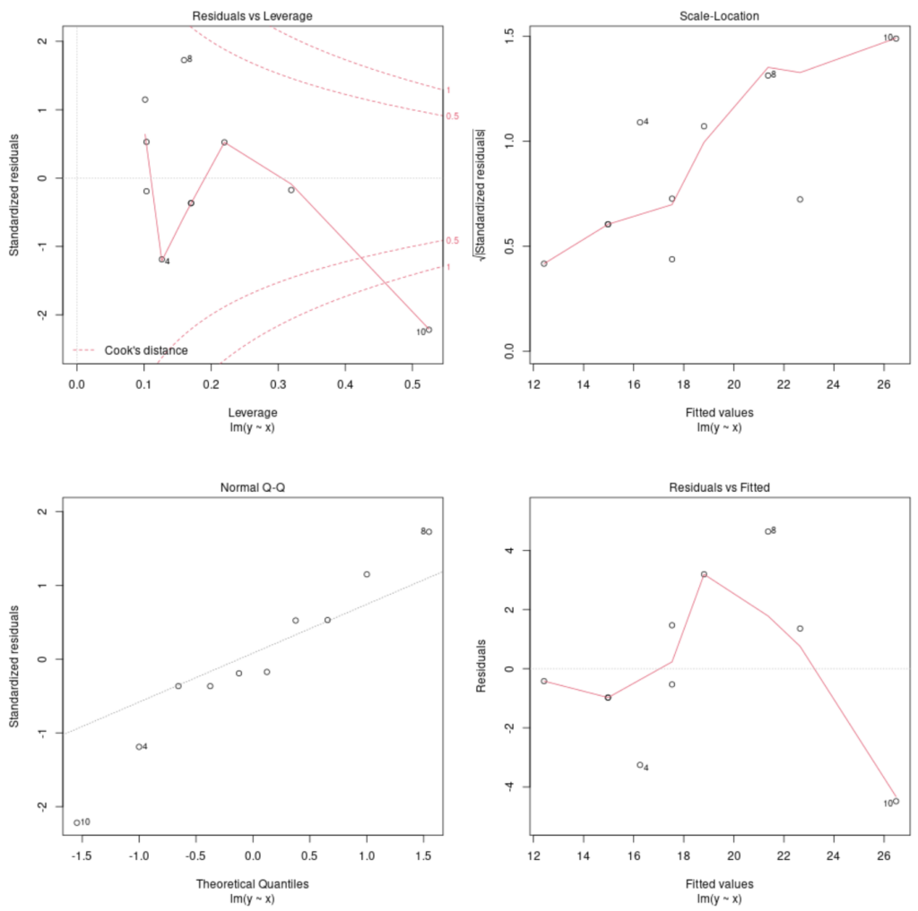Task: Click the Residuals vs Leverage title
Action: coord(252,16)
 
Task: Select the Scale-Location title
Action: coord(714,16)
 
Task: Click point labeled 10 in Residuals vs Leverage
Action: coord(429,330)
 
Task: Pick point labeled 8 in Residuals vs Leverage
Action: coord(183,60)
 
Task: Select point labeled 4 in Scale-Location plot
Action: coord(639,122)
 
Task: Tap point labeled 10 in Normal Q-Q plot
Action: coord(77,822)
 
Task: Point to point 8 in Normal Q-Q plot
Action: coord(429,531)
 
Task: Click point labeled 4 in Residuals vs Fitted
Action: coord(639,765)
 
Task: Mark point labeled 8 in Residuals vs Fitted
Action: coord(767,531)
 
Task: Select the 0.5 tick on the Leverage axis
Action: coord(412,385)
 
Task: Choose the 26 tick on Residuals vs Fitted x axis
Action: coord(884,856)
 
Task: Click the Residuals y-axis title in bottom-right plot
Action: coord(483,667)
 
